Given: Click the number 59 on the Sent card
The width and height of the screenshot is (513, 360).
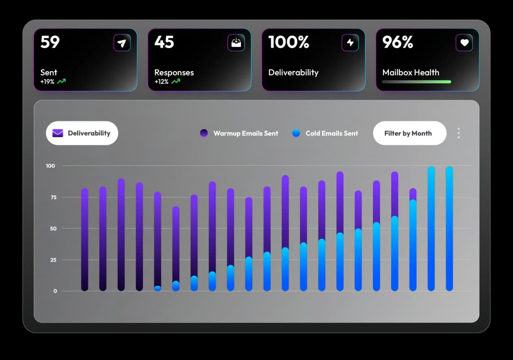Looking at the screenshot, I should pos(50,42).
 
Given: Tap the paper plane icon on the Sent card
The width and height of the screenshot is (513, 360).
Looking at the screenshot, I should pos(122,43).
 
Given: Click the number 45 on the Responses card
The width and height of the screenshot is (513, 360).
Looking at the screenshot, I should pos(164,42).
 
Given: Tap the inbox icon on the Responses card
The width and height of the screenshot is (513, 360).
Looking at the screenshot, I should pos(236,43).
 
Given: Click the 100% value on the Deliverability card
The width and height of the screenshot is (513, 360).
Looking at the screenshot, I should pos(289,42).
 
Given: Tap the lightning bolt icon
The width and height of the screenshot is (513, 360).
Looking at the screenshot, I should pos(350,43).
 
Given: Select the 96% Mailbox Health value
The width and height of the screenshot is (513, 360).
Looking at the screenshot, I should pos(398,42).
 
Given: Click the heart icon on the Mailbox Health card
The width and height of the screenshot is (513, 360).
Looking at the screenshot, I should pos(464,43).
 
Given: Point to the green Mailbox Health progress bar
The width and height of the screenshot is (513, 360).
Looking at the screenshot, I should pos(416,82).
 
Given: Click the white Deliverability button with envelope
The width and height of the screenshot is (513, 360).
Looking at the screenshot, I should pos(82,133).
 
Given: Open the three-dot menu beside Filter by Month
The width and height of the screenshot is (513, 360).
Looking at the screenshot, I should pos(458,133).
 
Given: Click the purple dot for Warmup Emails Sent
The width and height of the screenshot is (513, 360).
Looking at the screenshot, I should pos(204,133).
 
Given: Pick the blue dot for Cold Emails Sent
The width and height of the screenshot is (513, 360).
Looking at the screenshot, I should pos(296,133).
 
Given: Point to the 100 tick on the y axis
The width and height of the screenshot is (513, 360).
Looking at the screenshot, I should pos(50,166).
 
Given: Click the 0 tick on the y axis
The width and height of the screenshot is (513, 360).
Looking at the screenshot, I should pos(55,291).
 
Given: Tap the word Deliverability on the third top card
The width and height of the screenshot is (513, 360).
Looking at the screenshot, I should pos(293,72).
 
